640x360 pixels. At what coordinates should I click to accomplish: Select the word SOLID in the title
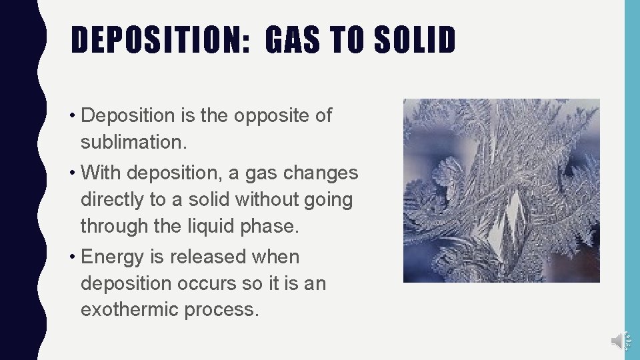415,40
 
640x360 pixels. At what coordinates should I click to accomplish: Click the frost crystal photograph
501,190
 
